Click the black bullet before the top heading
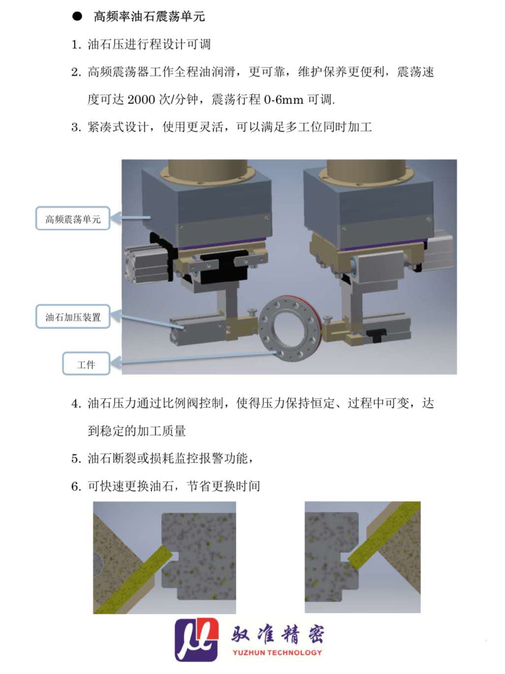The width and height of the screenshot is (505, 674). tap(77, 16)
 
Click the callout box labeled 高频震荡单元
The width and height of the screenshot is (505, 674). tap(73, 218)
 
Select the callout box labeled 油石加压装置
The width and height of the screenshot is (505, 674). tap(73, 317)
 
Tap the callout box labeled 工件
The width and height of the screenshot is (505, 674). tap(86, 364)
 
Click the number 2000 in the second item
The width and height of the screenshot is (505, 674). tap(141, 100)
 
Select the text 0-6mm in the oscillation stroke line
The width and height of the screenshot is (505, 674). tap(284, 100)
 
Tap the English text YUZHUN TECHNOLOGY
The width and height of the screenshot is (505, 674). tap(277, 653)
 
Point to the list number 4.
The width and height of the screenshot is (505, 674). tap(75, 404)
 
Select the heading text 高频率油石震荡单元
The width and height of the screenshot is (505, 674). tap(149, 16)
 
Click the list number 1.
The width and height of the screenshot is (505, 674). tap(75, 45)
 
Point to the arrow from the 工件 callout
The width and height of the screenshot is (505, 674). tap(192, 359)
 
